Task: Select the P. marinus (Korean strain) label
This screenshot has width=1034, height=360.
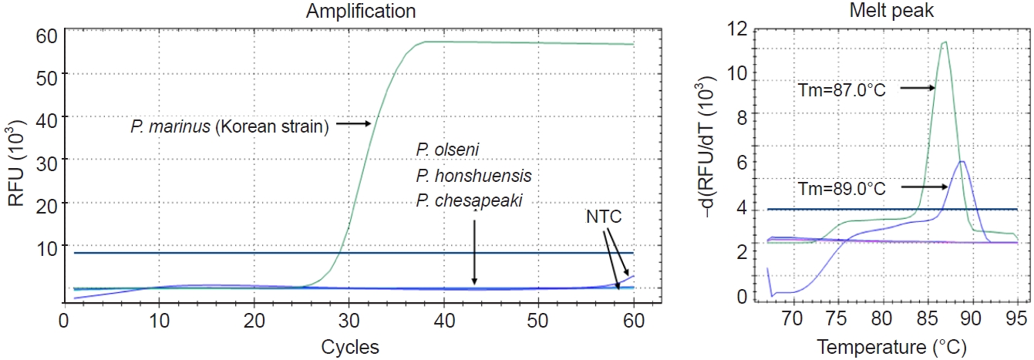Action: [x=230, y=126]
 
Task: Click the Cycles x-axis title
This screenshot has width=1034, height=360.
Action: [x=350, y=347]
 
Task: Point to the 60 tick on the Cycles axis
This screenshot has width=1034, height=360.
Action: [x=633, y=318]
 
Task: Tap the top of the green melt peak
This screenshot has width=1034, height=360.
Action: [x=944, y=42]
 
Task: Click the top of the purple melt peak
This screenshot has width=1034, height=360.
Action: [x=961, y=161]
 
